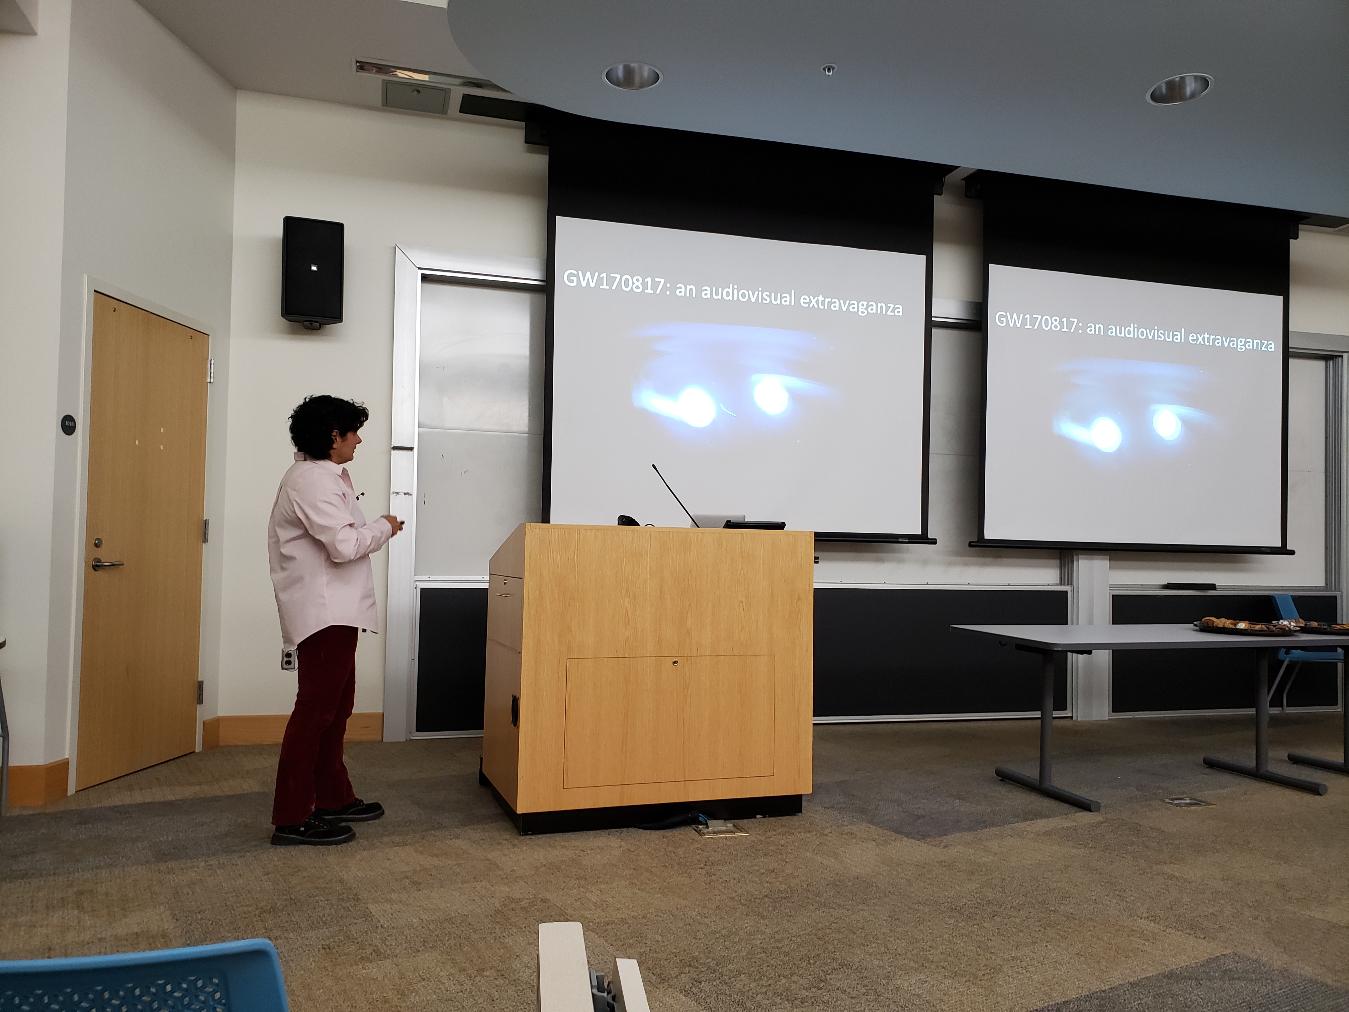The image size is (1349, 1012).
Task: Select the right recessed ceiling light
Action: (x=1179, y=89)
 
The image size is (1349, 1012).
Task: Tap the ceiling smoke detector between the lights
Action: (x=828, y=69)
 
